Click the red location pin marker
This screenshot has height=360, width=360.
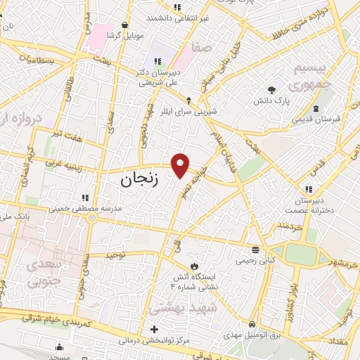tap(181, 165)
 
